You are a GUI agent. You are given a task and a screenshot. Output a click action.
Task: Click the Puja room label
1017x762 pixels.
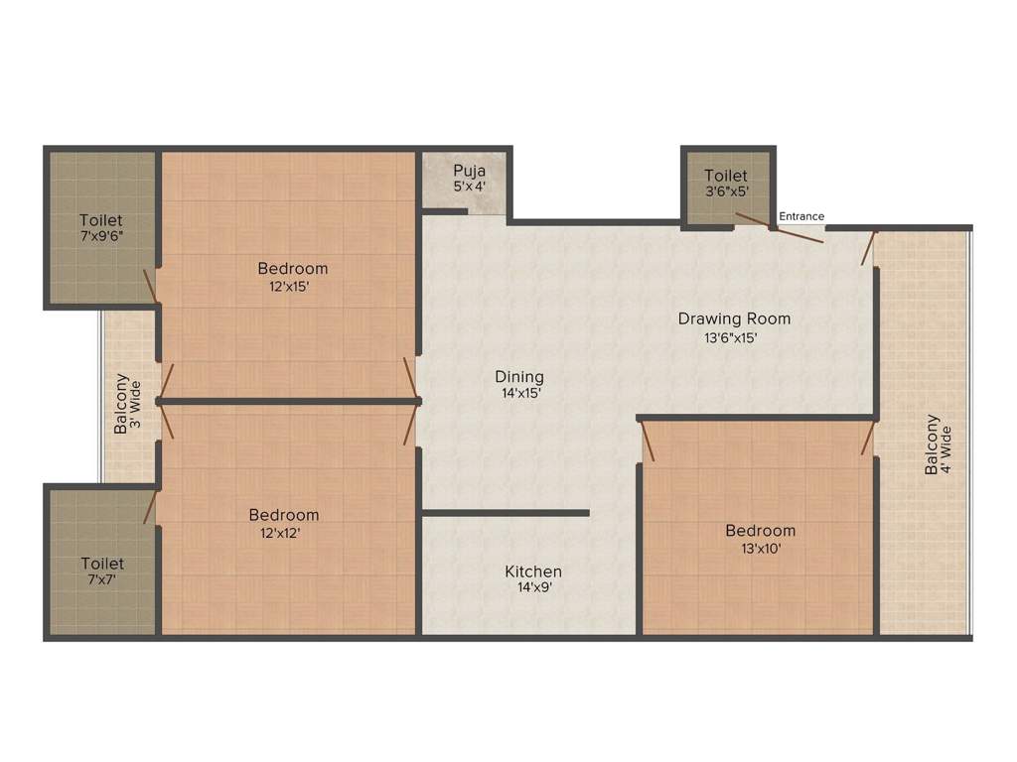470,170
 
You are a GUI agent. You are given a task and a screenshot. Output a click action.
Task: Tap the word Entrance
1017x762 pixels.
801,216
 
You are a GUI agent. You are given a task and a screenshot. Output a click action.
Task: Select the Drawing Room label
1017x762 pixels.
734,318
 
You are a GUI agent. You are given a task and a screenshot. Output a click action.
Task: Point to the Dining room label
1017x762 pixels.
519,377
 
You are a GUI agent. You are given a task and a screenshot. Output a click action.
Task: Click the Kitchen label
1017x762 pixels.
533,571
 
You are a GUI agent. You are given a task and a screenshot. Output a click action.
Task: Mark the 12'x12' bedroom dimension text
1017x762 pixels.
284,533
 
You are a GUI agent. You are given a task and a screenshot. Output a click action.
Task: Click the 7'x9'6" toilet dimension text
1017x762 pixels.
102,238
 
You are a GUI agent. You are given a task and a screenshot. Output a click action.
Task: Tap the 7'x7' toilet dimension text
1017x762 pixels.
102,581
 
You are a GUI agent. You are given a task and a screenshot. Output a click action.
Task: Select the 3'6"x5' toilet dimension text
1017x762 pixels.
726,191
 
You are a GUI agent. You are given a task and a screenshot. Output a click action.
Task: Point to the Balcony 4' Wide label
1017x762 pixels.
939,444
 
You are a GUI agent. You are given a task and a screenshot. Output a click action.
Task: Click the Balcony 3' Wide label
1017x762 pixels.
128,403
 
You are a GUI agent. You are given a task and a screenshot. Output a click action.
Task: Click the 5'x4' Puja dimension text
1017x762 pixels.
470,186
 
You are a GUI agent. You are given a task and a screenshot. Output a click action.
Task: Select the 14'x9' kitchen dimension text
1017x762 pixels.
533,587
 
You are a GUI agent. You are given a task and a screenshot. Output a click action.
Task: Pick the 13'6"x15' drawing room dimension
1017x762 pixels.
734,337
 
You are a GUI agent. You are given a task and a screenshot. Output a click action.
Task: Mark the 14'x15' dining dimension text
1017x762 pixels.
519,393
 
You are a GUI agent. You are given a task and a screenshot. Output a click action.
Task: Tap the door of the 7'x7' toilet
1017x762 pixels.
149,506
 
